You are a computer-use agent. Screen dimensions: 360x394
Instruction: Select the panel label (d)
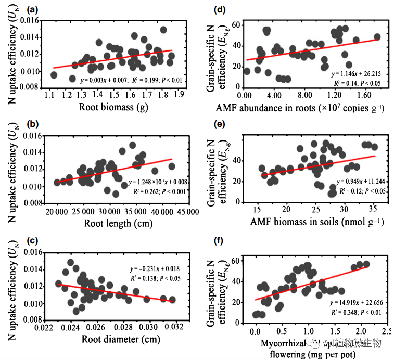(220, 9)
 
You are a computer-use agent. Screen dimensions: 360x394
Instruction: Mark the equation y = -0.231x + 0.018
(155, 268)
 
